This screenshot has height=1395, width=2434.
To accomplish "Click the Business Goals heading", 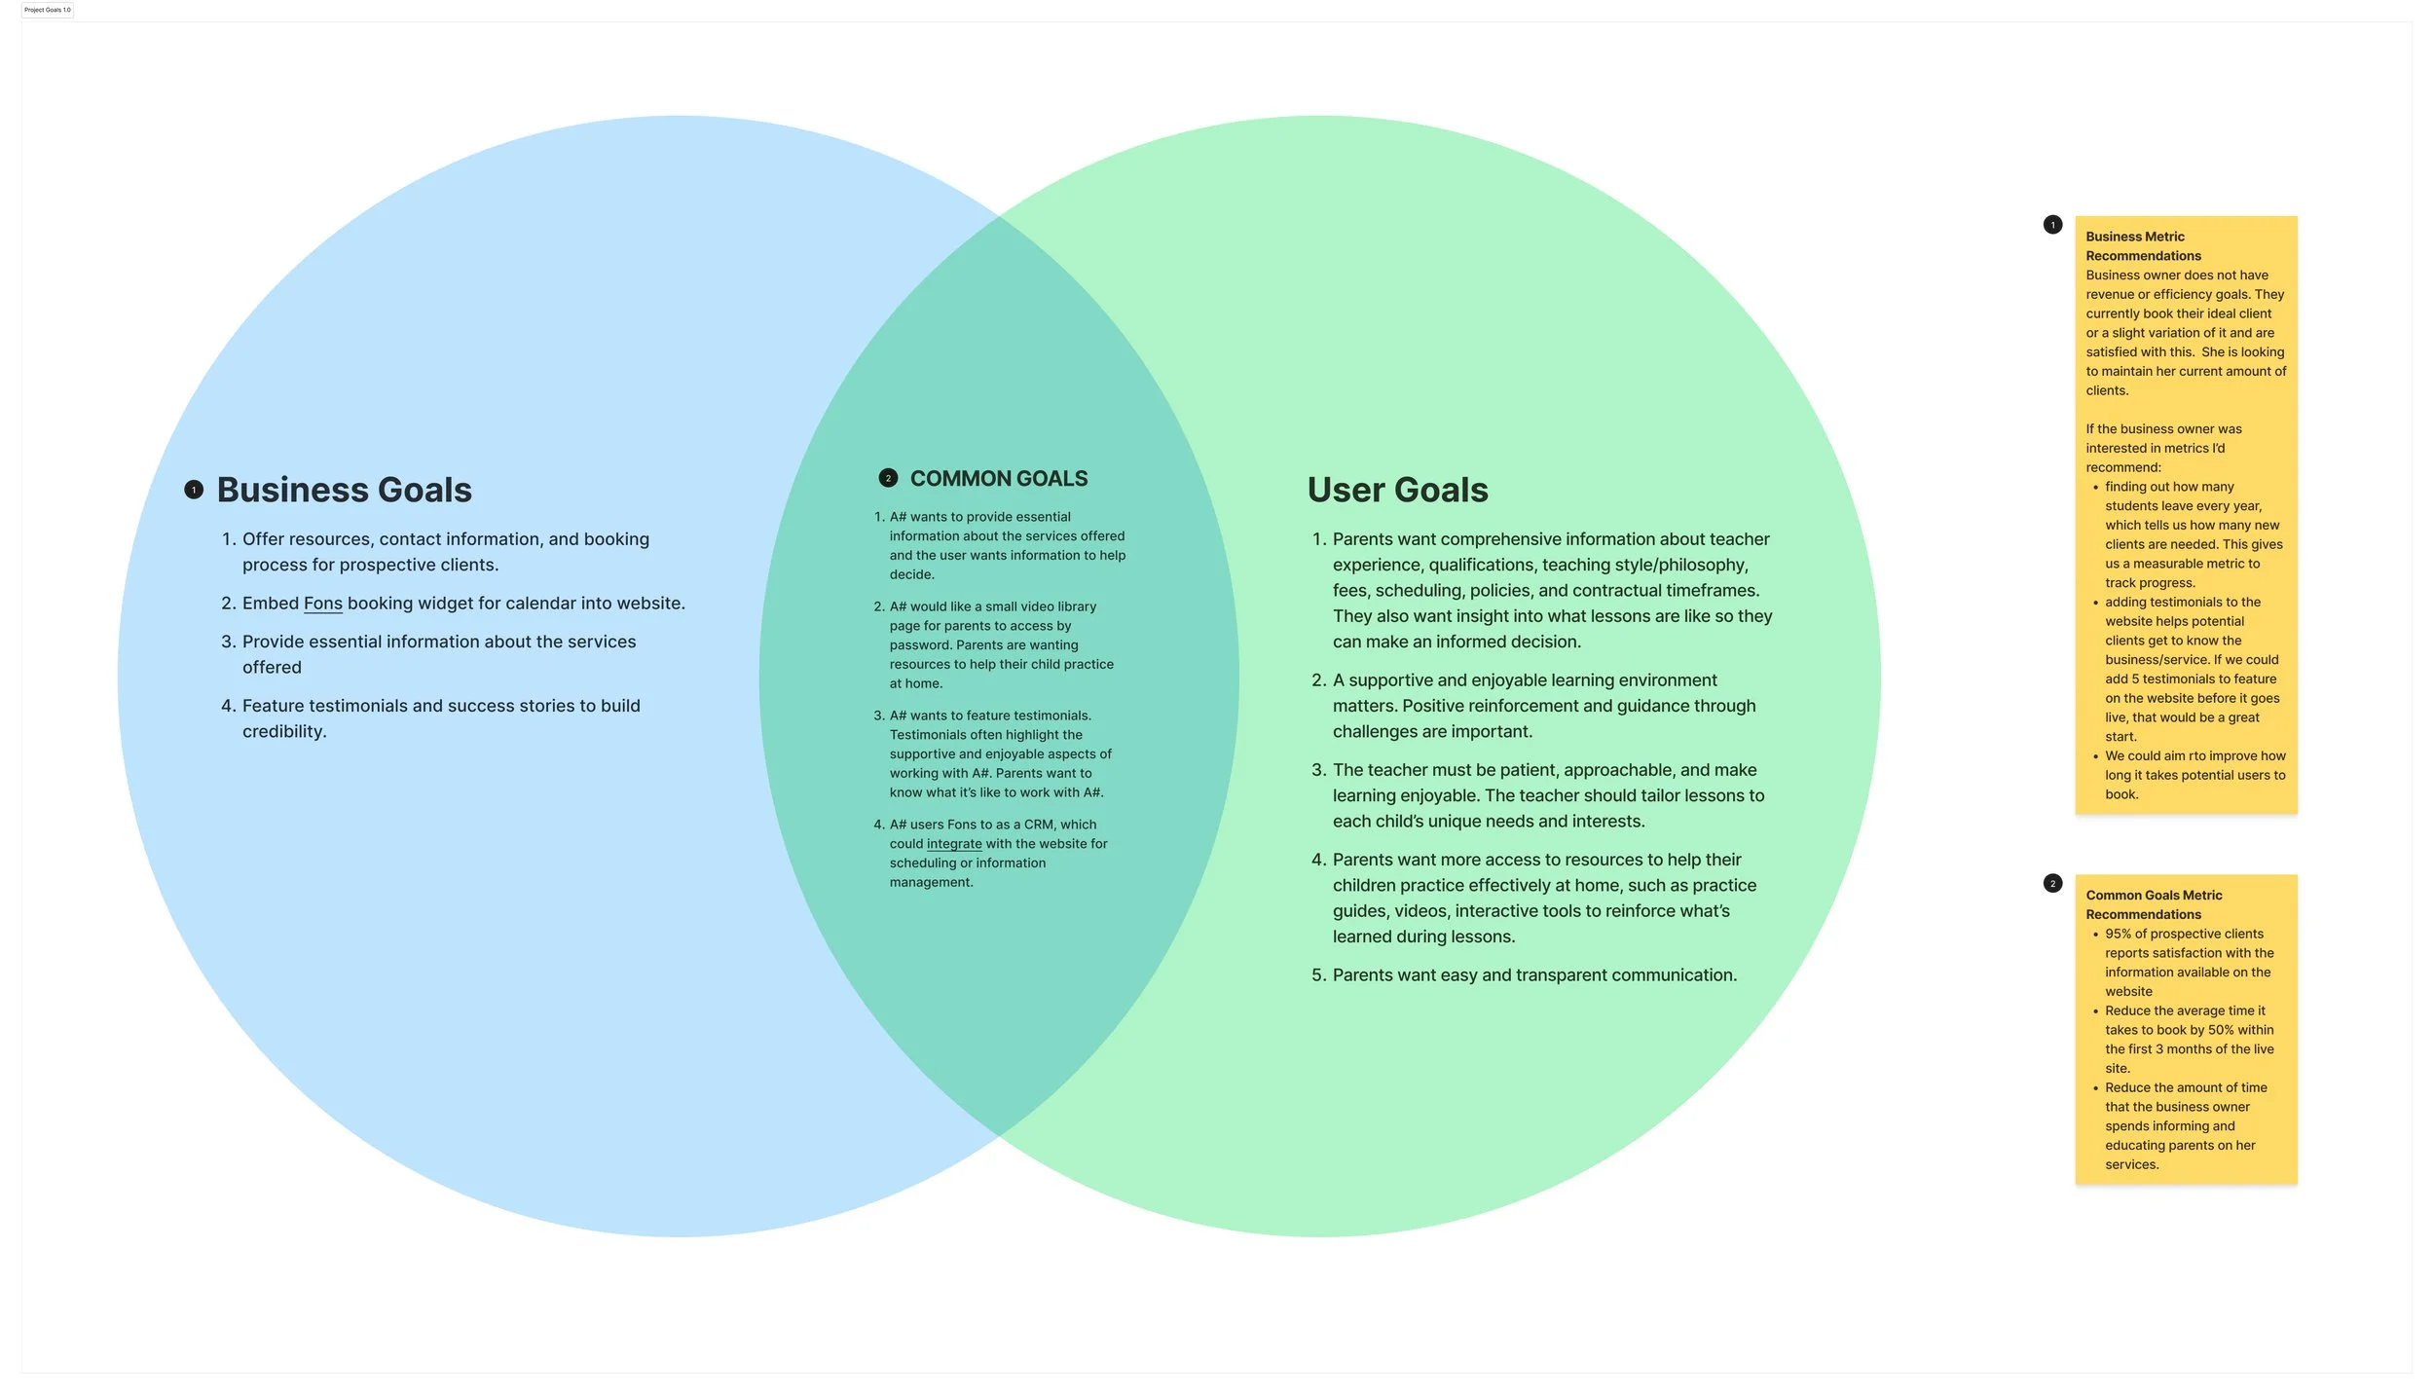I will (344, 490).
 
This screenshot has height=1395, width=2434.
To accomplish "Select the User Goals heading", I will (1397, 490).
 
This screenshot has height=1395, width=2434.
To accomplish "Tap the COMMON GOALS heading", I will (998, 479).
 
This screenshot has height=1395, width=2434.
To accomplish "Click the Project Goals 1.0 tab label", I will (48, 10).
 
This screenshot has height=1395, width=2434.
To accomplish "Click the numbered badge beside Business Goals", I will (194, 490).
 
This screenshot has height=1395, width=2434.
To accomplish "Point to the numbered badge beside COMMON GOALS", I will (888, 478).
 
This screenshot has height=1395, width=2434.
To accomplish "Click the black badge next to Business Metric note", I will (2052, 225).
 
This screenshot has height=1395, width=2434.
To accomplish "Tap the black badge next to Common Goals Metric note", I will (2052, 883).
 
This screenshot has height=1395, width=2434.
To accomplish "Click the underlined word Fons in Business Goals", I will (322, 604).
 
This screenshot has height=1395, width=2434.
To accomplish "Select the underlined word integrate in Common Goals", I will (954, 844).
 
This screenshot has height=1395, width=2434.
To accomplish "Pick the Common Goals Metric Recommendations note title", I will (2153, 904).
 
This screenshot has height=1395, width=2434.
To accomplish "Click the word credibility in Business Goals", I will (283, 732).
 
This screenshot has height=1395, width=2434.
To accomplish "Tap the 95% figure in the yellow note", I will (2118, 934).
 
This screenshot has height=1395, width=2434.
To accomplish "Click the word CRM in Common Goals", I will (1039, 825).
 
